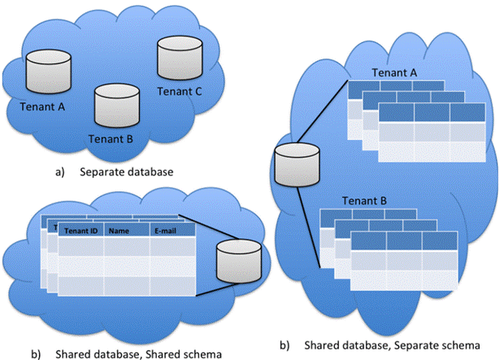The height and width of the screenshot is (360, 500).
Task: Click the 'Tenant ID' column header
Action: pyautogui.click(x=81, y=231)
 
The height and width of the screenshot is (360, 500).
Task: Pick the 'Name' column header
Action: pyautogui.click(x=120, y=231)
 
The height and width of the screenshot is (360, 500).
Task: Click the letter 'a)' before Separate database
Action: pyautogui.click(x=61, y=171)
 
